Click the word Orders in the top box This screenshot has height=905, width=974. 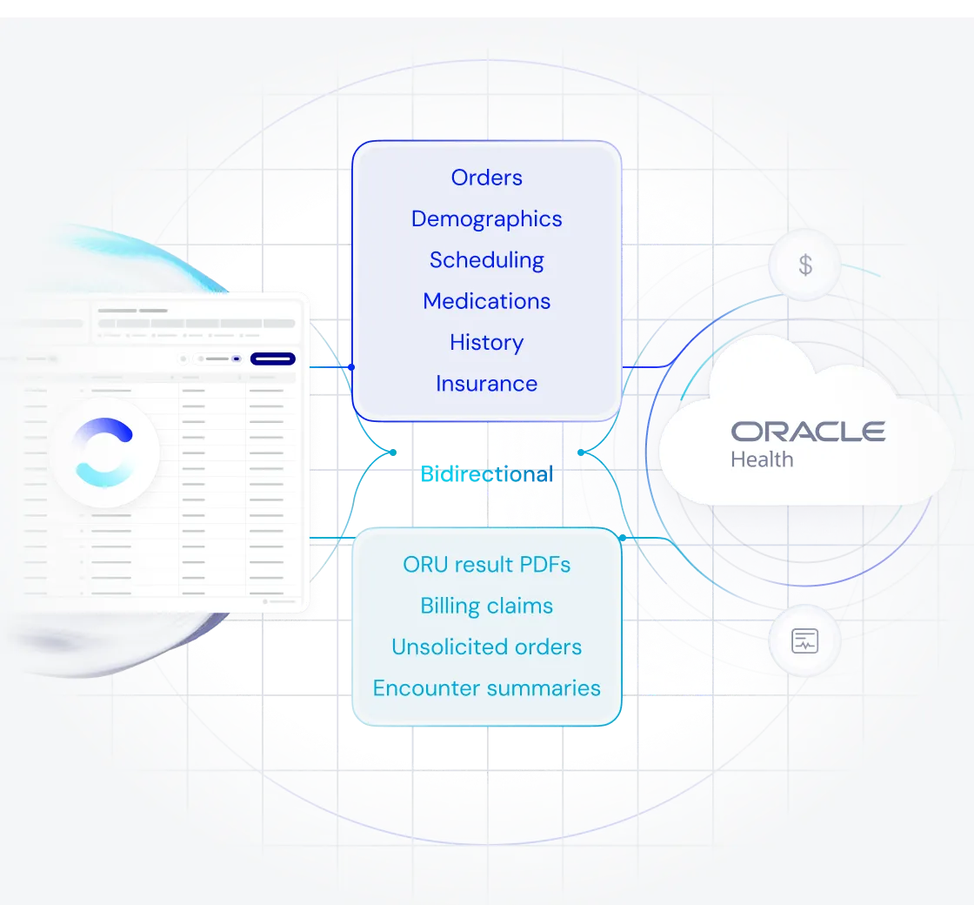click(486, 178)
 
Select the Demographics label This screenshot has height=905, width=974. click(486, 218)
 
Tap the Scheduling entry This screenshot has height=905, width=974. click(486, 260)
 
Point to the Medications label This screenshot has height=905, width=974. click(486, 301)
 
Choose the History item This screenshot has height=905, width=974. click(486, 342)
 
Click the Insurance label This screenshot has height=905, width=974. click(486, 384)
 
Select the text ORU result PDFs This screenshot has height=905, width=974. click(486, 565)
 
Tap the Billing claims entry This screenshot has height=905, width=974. click(486, 606)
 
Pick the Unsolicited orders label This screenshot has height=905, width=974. click(486, 647)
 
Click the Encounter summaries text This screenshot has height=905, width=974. click(486, 688)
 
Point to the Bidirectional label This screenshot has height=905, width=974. click(486, 474)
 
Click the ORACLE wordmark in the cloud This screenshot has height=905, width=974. click(808, 431)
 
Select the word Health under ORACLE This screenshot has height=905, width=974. click(762, 459)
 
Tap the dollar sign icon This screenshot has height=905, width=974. click(805, 265)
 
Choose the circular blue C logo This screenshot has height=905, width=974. click(104, 452)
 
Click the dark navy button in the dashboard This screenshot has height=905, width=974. click(272, 359)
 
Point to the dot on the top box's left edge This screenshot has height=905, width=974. click(351, 367)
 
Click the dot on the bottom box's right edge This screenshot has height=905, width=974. click(623, 539)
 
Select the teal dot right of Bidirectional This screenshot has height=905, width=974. click(581, 452)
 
